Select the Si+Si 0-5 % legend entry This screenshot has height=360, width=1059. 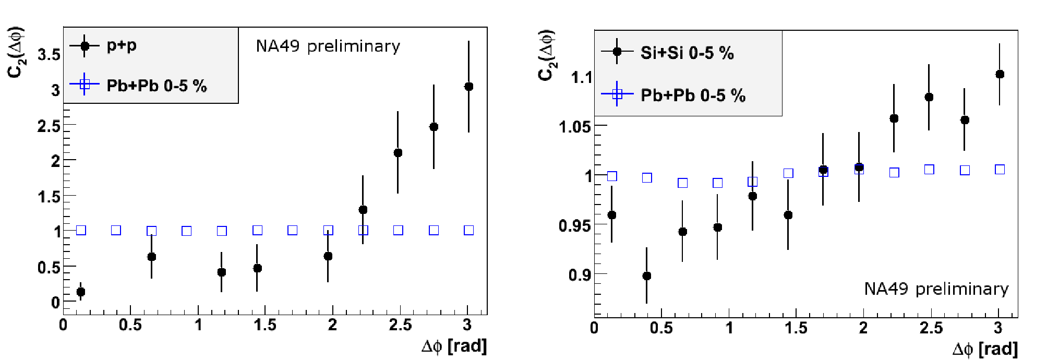(x=668, y=52)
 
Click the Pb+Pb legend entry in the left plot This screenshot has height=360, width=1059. (x=138, y=85)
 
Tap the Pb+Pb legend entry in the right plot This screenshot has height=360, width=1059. (x=673, y=95)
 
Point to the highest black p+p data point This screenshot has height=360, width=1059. (x=468, y=87)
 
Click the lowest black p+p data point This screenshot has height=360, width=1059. (x=80, y=292)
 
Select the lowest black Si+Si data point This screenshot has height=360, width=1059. (x=647, y=276)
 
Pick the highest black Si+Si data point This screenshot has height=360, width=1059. (x=1000, y=74)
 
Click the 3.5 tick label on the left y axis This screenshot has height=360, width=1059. (x=49, y=54)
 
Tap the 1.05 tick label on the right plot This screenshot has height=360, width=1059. (x=575, y=126)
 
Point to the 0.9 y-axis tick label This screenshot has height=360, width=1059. (x=580, y=275)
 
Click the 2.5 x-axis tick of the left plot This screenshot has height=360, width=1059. (x=400, y=326)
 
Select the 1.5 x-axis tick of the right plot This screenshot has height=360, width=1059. (x=796, y=328)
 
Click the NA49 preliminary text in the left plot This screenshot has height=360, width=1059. (x=328, y=46)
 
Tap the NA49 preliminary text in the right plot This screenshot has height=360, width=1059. (x=936, y=289)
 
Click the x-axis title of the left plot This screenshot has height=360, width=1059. (x=454, y=346)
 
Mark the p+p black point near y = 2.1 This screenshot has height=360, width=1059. (x=398, y=153)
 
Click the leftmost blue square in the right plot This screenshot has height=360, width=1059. (x=612, y=176)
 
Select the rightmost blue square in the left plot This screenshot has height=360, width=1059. (x=468, y=231)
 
